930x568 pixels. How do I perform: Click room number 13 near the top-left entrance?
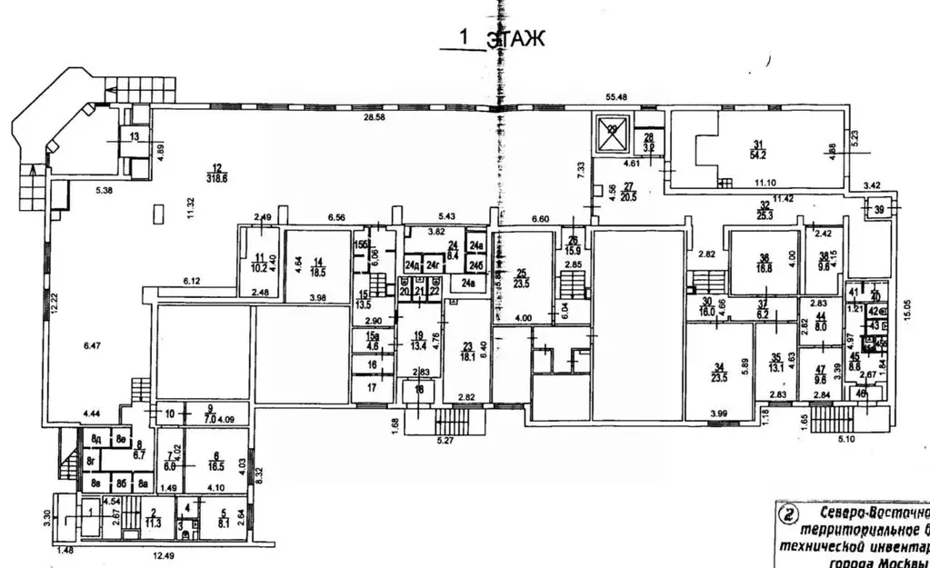pyautogui.click(x=135, y=136)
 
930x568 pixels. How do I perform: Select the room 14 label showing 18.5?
pyautogui.click(x=317, y=264)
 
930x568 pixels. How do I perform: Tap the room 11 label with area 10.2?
pyautogui.click(x=260, y=263)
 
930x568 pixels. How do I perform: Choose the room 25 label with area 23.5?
pyautogui.click(x=522, y=277)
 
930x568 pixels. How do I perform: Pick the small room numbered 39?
pyautogui.click(x=879, y=210)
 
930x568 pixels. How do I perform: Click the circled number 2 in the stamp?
pyautogui.click(x=786, y=513)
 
